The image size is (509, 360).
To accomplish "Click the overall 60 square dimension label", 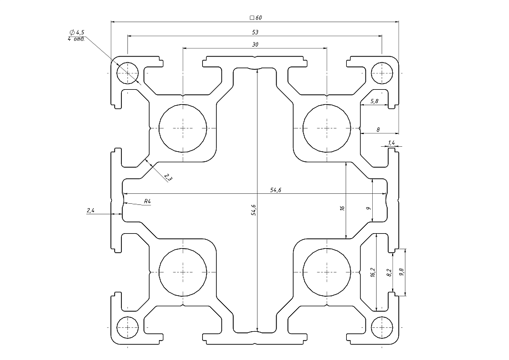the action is pyautogui.click(x=255, y=18).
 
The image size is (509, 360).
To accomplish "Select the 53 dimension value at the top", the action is pyautogui.click(x=255, y=32).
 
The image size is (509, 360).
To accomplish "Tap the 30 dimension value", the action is pyautogui.click(x=255, y=44).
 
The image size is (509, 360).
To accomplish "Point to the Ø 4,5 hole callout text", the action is pyautogui.click(x=77, y=32).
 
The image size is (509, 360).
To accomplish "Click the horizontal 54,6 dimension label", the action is pyautogui.click(x=276, y=190).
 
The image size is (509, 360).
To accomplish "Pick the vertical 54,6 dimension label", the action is pyautogui.click(x=254, y=210).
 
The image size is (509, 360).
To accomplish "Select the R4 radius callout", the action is pyautogui.click(x=147, y=202).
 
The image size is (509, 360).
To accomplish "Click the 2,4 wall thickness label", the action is pyautogui.click(x=91, y=210).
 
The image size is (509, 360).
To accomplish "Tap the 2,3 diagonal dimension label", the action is pyautogui.click(x=168, y=177).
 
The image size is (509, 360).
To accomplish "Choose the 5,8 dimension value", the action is pyautogui.click(x=374, y=101).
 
